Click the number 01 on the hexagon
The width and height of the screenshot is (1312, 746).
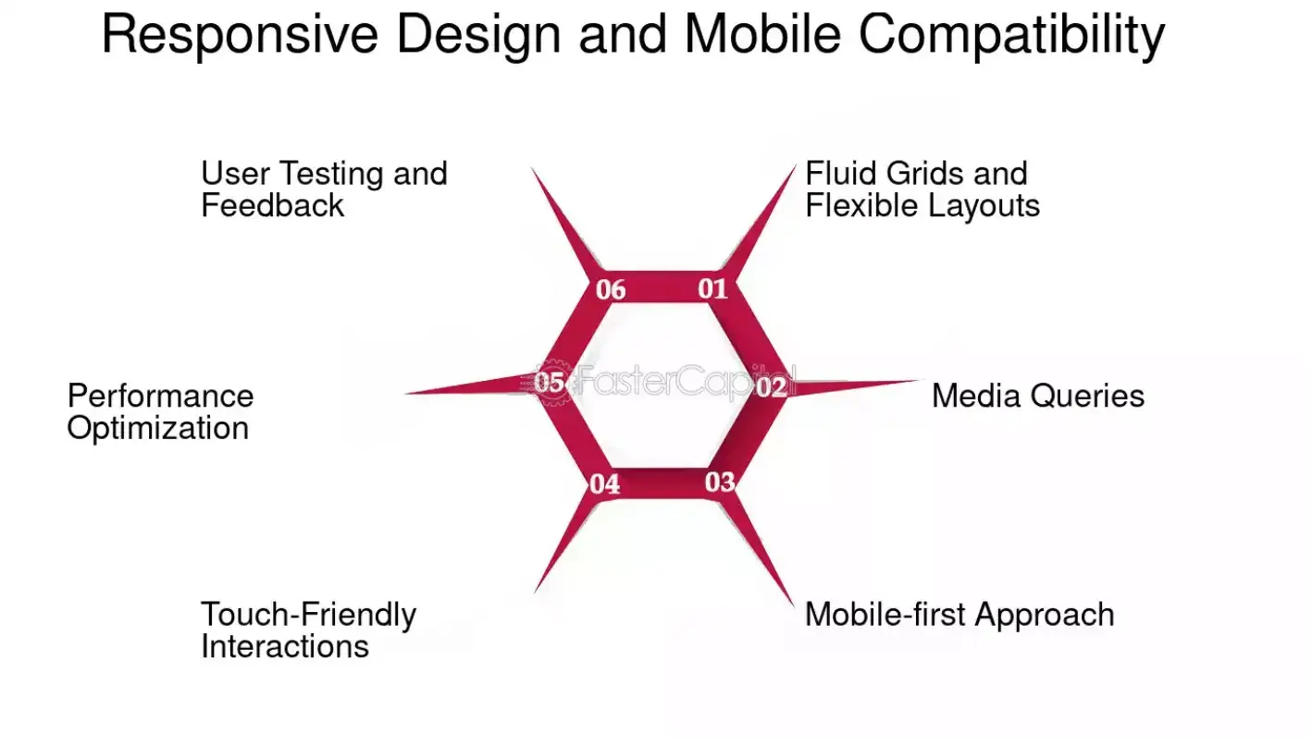point(712,288)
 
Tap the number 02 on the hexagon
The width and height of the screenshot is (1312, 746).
point(771,387)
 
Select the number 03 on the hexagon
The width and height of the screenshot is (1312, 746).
point(720,482)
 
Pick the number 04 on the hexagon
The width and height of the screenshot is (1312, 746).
point(605,483)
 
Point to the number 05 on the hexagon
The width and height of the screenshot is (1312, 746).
point(550,382)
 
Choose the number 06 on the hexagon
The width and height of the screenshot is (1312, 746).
point(611,290)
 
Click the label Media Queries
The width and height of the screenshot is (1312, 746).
point(1037,396)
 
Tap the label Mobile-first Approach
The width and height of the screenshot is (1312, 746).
point(959,615)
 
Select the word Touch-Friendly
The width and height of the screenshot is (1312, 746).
point(308,615)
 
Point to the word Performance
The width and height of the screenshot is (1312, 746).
point(160,396)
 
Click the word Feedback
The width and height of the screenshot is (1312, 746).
point(272,205)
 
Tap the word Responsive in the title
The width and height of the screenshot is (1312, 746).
point(240,34)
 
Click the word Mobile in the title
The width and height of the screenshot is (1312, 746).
point(762,34)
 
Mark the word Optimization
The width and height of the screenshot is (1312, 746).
point(157,429)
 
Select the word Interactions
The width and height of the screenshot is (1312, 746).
point(284,646)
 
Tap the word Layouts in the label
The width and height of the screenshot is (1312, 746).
point(984,206)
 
